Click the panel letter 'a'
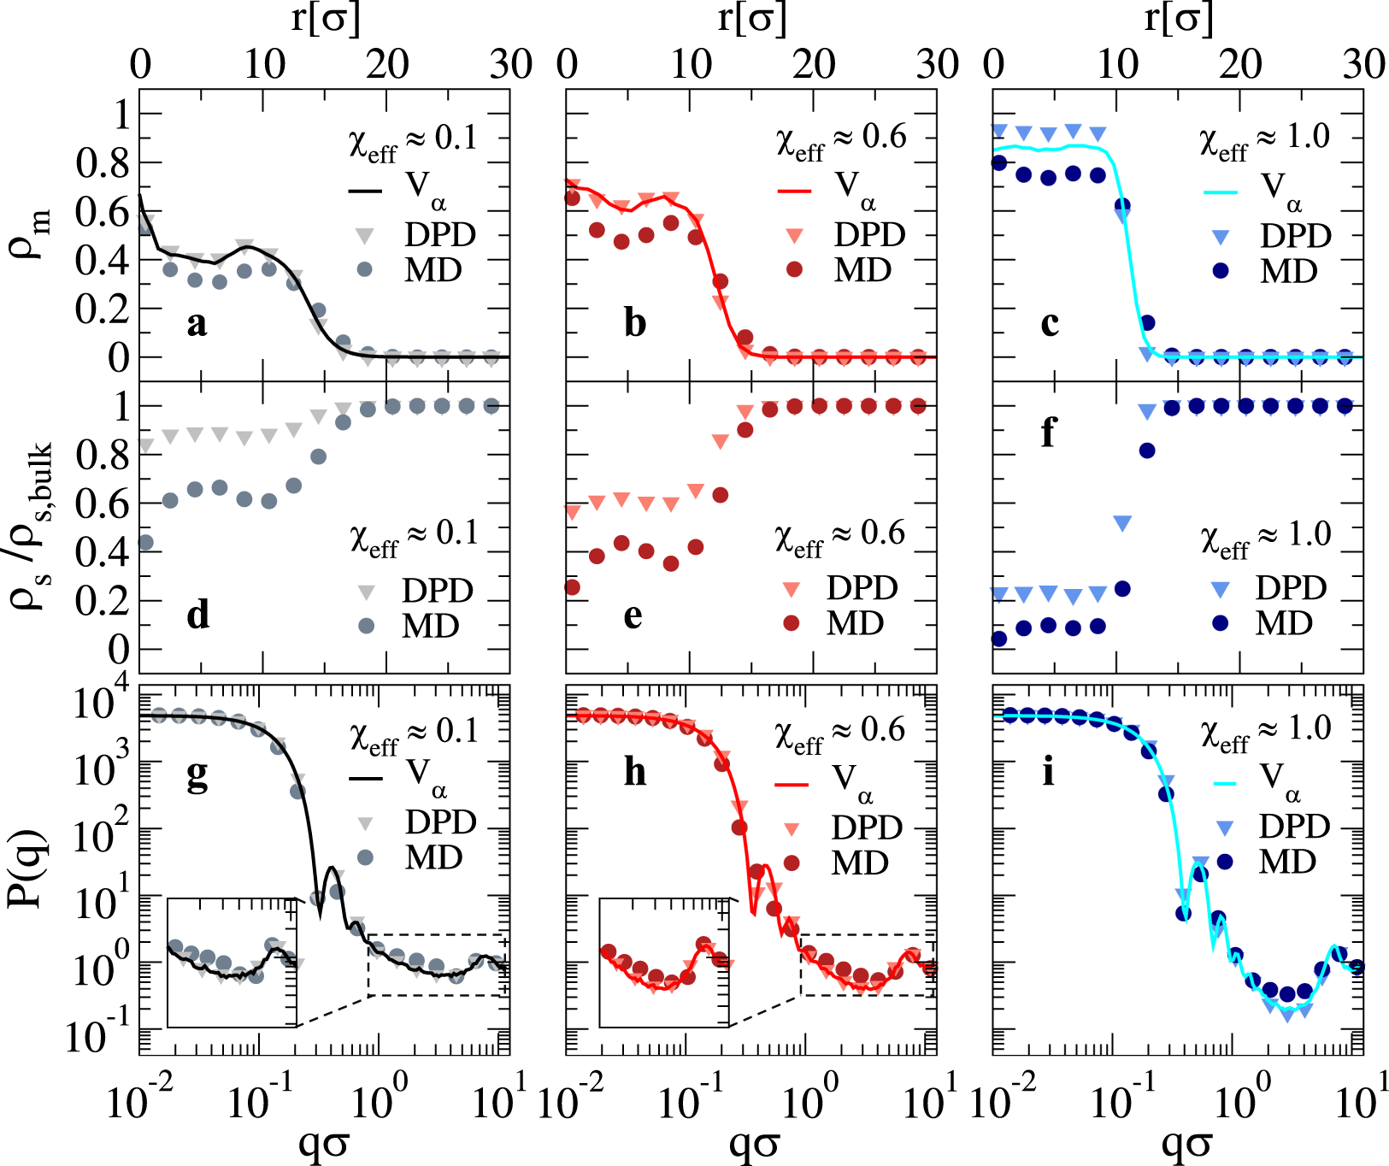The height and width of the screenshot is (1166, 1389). pos(197,324)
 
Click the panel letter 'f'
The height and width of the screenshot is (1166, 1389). pos(1048,433)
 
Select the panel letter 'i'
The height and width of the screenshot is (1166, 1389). pos(1048,772)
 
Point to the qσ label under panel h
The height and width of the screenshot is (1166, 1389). pos(753,1142)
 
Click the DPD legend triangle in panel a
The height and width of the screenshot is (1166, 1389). pos(365,235)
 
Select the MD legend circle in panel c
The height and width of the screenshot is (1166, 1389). pos(1221,271)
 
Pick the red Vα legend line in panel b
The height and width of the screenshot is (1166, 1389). pos(793,191)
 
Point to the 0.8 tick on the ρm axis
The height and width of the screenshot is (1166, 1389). pos(102,163)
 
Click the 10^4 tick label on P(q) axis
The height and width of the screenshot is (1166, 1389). pos(103,703)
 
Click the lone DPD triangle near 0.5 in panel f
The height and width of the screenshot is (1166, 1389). pos(1122,523)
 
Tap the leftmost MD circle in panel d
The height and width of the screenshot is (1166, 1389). pos(145,542)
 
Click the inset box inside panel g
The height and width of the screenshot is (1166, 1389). pos(232,963)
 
